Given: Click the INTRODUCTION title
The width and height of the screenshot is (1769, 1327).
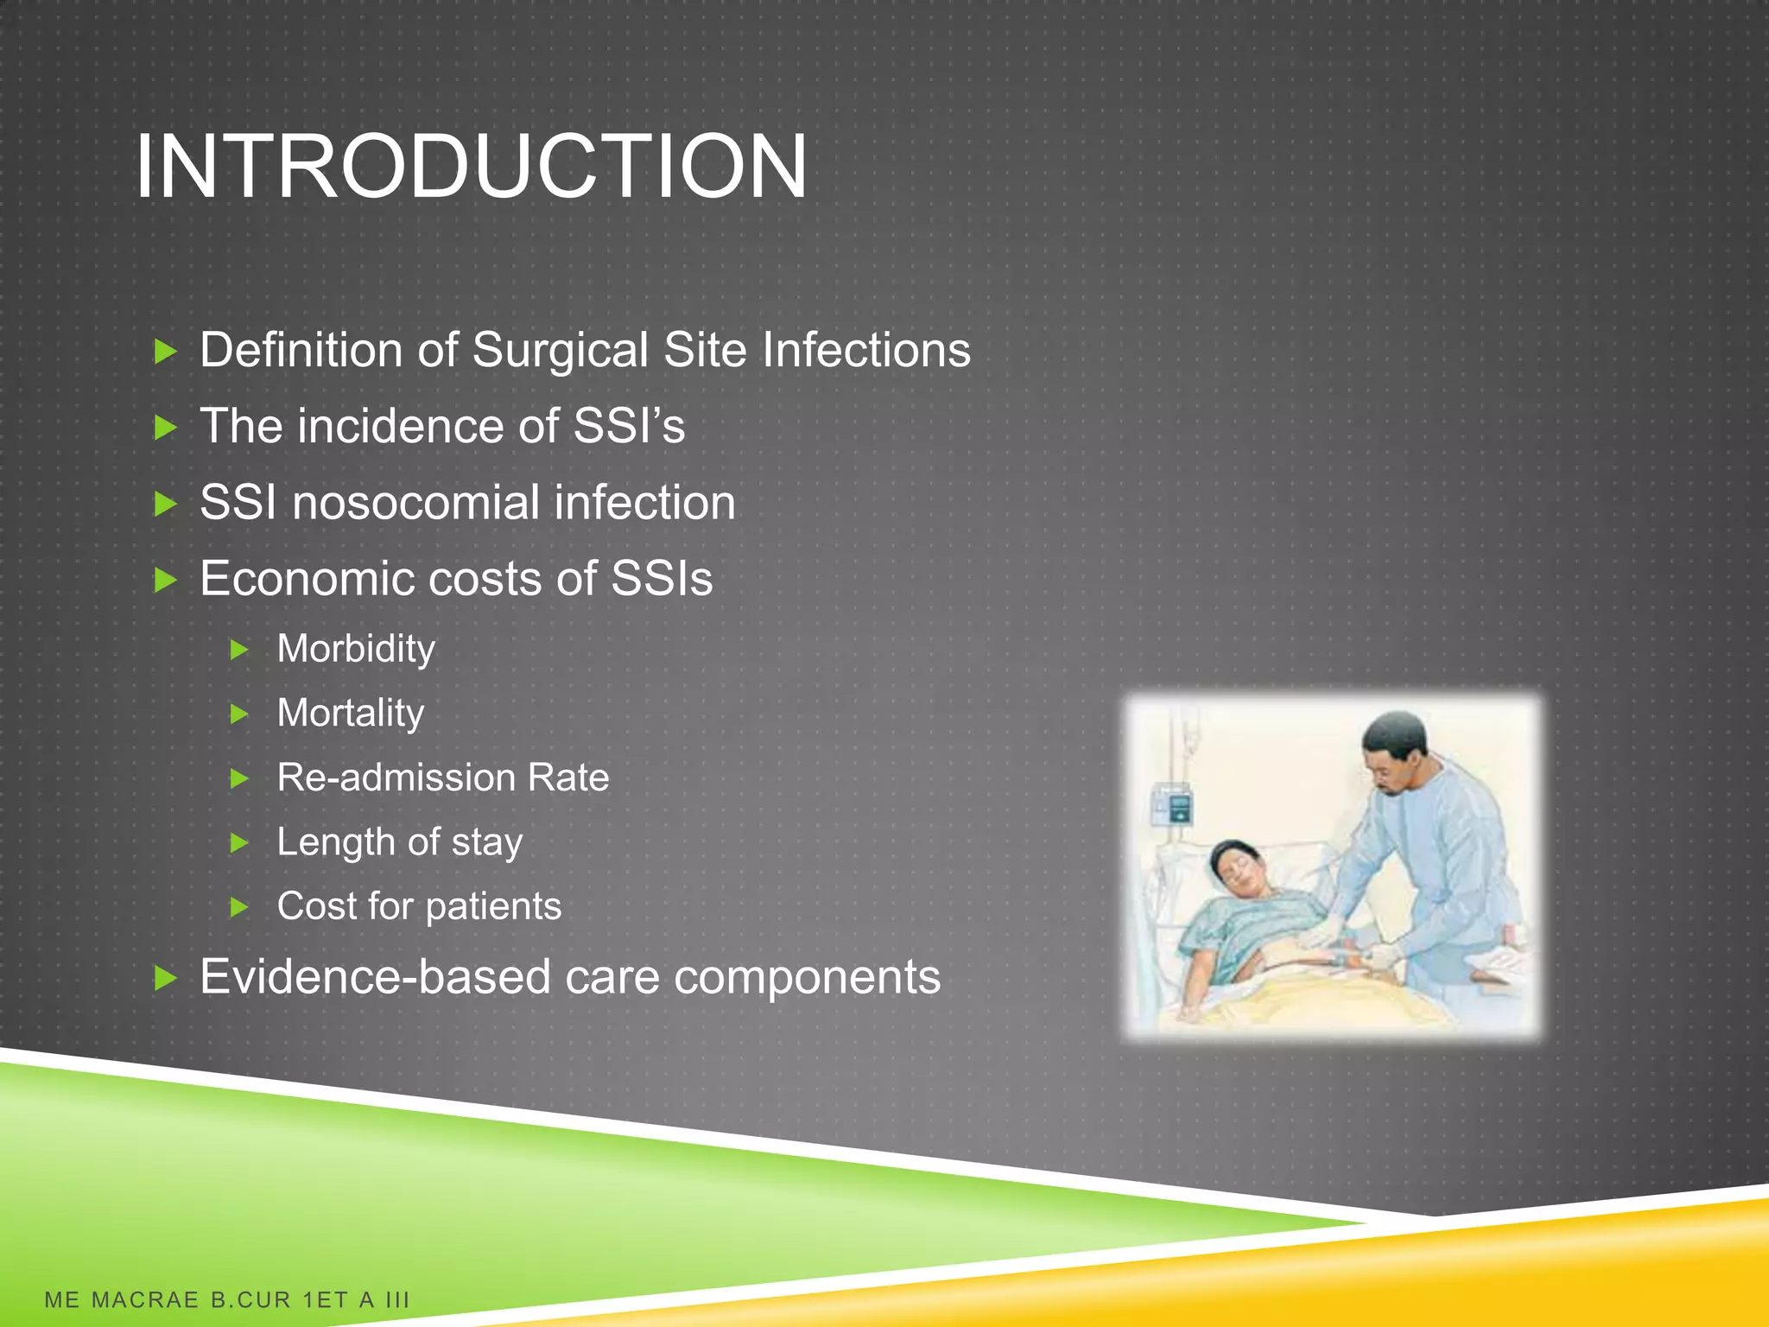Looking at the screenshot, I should click(471, 166).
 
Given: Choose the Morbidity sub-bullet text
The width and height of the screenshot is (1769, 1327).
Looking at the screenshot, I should click(356, 650).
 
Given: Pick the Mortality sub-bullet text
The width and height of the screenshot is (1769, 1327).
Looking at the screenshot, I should click(351, 714).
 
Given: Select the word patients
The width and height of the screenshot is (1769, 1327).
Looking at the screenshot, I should click(493, 907).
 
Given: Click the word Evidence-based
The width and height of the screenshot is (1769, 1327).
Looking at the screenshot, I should click(375, 978).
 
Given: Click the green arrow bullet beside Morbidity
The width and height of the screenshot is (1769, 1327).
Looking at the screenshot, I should click(240, 650).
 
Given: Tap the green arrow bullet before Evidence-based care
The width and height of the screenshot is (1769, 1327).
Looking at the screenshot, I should click(165, 979).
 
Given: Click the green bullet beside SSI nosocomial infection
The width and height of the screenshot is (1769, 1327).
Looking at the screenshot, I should click(165, 504).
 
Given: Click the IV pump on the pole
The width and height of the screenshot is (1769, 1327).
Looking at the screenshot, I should click(1174, 804).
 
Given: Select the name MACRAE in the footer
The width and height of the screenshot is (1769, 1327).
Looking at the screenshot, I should click(145, 1300).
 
